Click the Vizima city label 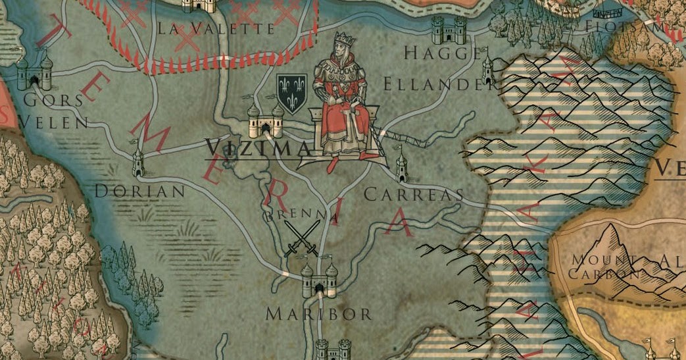(x=258, y=148)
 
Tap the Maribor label (x=319, y=314)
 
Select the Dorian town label (x=139, y=192)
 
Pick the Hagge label (x=443, y=53)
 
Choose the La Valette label (x=216, y=29)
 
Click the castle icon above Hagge (x=449, y=30)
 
